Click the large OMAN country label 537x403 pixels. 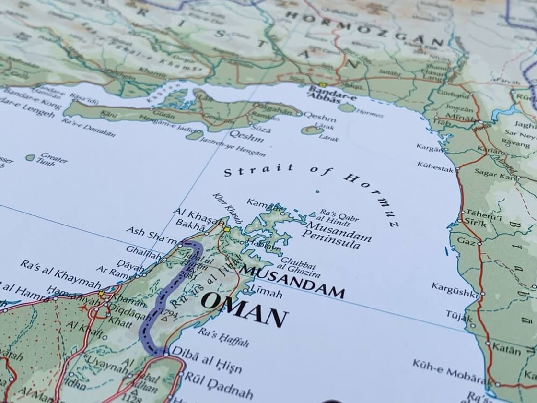tap(245, 309)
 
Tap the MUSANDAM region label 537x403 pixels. tap(292, 280)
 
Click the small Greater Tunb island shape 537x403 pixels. tap(30, 157)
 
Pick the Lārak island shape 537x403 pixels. tap(312, 130)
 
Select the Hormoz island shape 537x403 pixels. tap(346, 107)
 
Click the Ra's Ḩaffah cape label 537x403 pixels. tap(224, 337)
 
